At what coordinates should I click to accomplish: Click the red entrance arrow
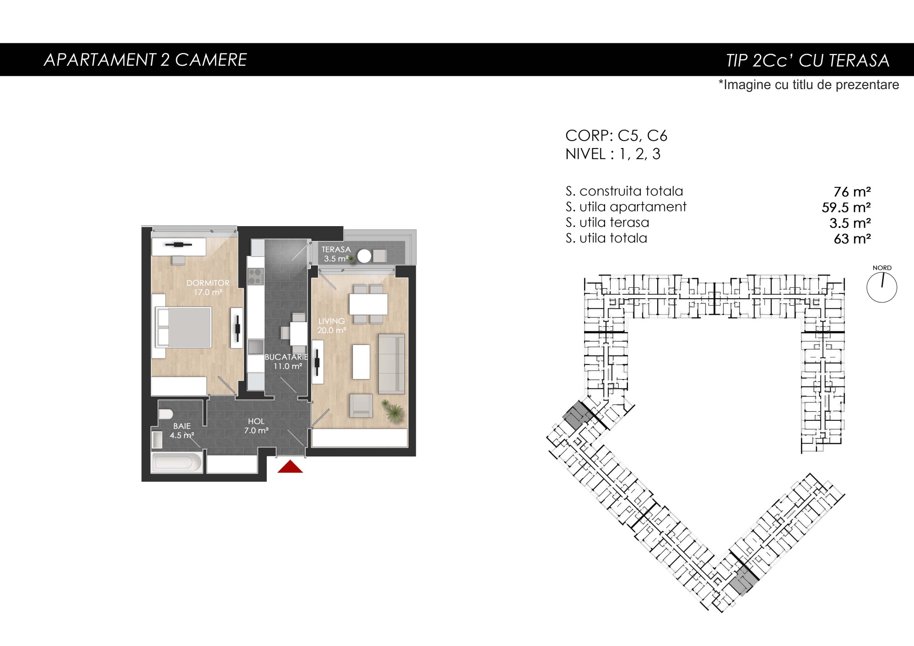pyautogui.click(x=290, y=467)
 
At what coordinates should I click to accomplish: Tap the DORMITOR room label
pyautogui.click(x=208, y=283)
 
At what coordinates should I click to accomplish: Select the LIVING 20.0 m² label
pyautogui.click(x=332, y=326)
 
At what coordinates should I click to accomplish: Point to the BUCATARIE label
pyautogui.click(x=287, y=357)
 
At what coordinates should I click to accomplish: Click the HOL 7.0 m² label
pyautogui.click(x=256, y=426)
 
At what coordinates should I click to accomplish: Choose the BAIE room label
pyautogui.click(x=182, y=426)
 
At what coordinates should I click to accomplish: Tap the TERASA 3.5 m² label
pyautogui.click(x=336, y=254)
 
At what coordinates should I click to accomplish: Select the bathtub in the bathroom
pyautogui.click(x=176, y=462)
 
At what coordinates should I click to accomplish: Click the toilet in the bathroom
pyautogui.click(x=165, y=414)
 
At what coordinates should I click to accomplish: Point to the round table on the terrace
pyautogui.click(x=364, y=256)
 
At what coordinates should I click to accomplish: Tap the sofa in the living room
pyautogui.click(x=392, y=364)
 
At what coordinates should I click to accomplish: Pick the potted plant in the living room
pyautogui.click(x=393, y=411)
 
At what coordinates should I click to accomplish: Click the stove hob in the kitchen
pyautogui.click(x=256, y=276)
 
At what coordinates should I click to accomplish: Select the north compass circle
pyautogui.click(x=882, y=288)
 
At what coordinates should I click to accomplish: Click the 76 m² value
pyautogui.click(x=852, y=191)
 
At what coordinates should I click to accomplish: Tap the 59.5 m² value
pyautogui.click(x=846, y=207)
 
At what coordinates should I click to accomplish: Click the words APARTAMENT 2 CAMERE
pyautogui.click(x=145, y=60)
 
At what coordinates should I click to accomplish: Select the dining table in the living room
pyautogui.click(x=368, y=304)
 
